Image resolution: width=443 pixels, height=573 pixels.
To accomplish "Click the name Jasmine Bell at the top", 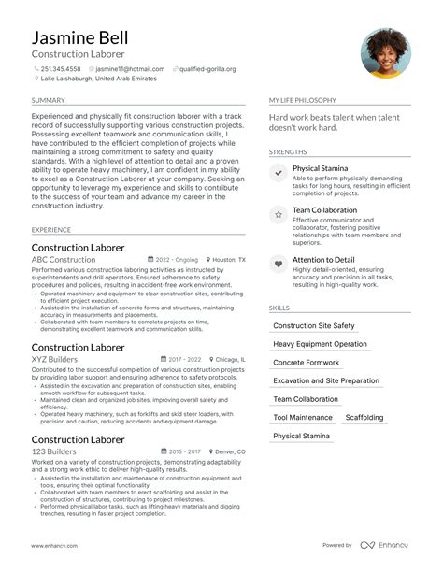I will [79, 38].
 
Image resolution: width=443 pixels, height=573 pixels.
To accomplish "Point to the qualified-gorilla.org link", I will [207, 69].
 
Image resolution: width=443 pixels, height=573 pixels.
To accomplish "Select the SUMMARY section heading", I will [48, 100].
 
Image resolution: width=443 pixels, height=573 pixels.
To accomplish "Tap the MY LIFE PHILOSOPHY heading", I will [304, 100].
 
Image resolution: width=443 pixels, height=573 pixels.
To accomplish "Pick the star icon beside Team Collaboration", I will [279, 214].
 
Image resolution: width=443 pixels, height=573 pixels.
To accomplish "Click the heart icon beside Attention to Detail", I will [279, 264].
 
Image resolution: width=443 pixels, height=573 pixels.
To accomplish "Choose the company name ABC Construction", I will [64, 259].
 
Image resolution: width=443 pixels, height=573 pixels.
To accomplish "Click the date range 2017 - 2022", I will [184, 359].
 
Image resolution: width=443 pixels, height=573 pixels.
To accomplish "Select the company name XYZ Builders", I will [54, 359].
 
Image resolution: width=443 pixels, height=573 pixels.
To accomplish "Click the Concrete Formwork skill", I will [307, 363].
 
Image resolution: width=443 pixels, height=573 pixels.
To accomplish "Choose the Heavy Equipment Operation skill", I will [320, 344].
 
